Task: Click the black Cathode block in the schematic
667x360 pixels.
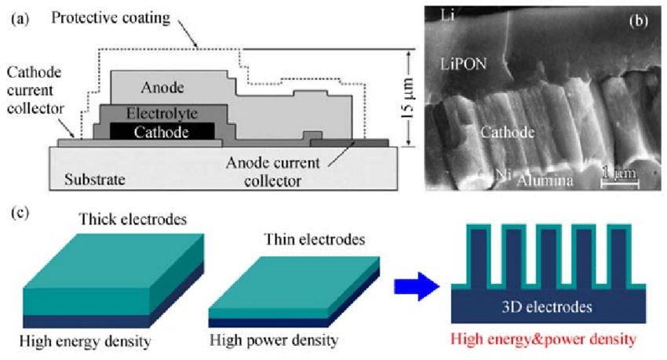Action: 161,132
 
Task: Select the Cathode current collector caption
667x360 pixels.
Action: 35,90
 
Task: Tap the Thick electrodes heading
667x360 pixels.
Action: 132,220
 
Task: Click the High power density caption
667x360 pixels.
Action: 275,341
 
